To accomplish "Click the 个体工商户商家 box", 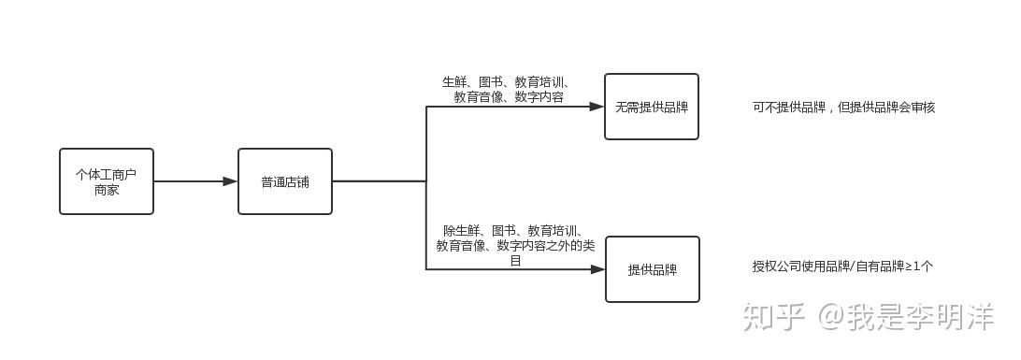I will click(107, 181).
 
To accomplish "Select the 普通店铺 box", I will click(284, 181).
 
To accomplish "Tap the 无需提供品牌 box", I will click(651, 107).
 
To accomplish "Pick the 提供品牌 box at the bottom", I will click(652, 269).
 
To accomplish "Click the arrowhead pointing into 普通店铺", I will click(230, 181).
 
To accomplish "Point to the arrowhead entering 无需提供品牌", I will click(597, 107).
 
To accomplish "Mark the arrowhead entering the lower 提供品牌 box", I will click(597, 269).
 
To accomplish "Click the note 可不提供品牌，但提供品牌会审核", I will click(843, 108).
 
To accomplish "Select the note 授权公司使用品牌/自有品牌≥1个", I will click(842, 266).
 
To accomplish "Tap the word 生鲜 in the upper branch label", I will click(454, 82).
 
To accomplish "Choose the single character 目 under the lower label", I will click(515, 261).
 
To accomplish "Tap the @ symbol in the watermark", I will click(833, 318).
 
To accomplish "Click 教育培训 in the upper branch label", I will click(543, 82).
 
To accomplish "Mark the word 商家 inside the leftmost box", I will click(107, 190).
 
